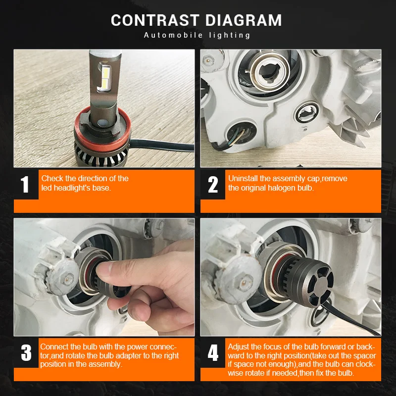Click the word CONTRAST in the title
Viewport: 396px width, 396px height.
coord(155,20)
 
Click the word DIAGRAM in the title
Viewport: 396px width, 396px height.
coord(244,20)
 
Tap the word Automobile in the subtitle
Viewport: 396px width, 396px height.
coord(173,35)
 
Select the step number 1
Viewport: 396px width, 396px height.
coord(24,184)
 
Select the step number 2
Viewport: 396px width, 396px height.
coord(213,185)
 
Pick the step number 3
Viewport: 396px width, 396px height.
coord(26,352)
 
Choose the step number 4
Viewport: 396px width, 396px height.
coord(213,353)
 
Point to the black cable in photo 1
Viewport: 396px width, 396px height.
coord(162,145)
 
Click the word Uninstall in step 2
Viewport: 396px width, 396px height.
coord(243,178)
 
